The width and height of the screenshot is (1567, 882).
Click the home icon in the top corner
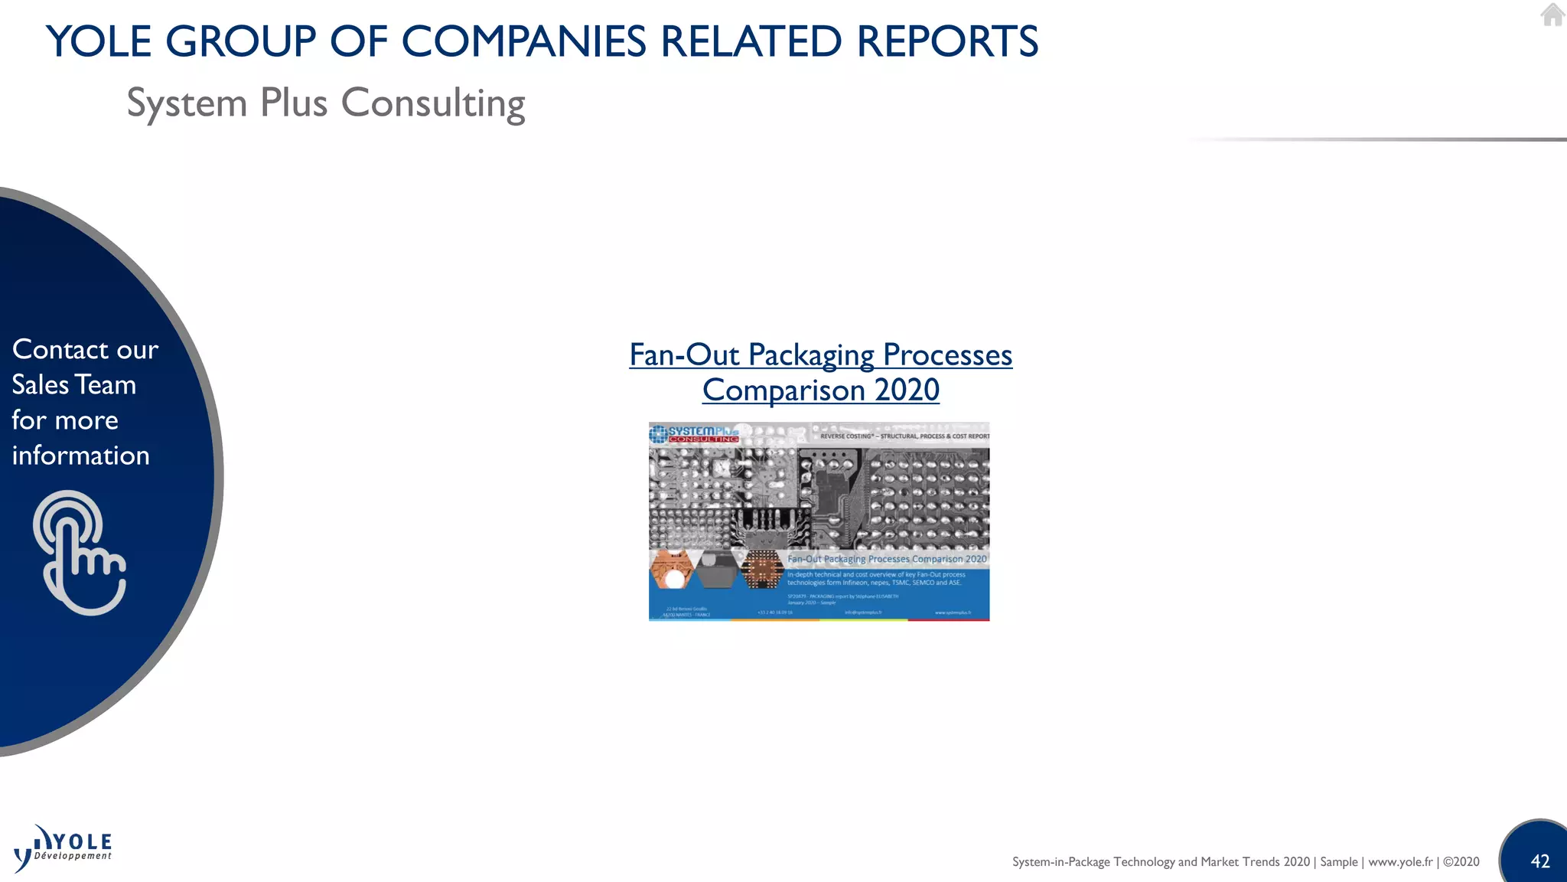pyautogui.click(x=1552, y=15)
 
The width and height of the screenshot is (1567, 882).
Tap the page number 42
pyautogui.click(x=1540, y=861)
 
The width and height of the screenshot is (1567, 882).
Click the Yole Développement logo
pyautogui.click(x=64, y=848)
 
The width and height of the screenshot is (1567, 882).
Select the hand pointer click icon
pyautogui.click(x=80, y=553)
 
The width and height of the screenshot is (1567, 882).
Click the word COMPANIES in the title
pyautogui.click(x=524, y=41)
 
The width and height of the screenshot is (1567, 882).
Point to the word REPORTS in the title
pyautogui.click(x=947, y=41)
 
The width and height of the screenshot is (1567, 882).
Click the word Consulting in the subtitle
pyautogui.click(x=433, y=103)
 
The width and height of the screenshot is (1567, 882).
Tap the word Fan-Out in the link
pyautogui.click(x=684, y=354)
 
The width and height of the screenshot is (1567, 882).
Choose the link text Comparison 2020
pyautogui.click(x=821, y=390)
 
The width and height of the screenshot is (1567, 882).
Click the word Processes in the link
pyautogui.click(x=947, y=354)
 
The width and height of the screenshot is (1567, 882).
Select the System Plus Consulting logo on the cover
pyautogui.click(x=695, y=434)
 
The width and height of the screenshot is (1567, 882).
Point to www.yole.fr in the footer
pyautogui.click(x=1400, y=861)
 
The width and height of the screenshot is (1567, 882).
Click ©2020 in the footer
pyautogui.click(x=1461, y=861)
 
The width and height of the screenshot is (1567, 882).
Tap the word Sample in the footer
pyautogui.click(x=1338, y=861)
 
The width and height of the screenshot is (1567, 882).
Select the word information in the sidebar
pyautogui.click(x=80, y=456)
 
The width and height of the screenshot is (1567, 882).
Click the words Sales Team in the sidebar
pyautogui.click(x=73, y=384)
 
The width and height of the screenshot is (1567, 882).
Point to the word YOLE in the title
pyautogui.click(x=99, y=41)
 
